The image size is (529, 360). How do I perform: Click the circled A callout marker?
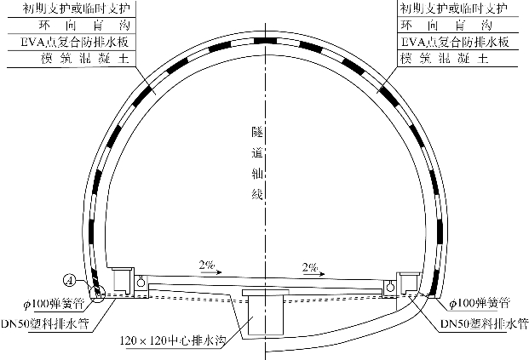pyautogui.click(x=70, y=281)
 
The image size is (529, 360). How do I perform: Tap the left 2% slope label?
pyautogui.click(x=207, y=265)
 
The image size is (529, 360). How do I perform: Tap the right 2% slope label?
pyautogui.click(x=310, y=267)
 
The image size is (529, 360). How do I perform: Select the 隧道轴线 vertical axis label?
pyautogui.click(x=257, y=163)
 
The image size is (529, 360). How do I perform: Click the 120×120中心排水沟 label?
pyautogui.click(x=172, y=340)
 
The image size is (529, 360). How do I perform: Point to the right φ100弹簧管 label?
pyautogui.click(x=479, y=303)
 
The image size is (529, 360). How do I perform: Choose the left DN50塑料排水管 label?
pyautogui.click(x=44, y=323)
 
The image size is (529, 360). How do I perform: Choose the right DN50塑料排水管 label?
pyautogui.click(x=484, y=324)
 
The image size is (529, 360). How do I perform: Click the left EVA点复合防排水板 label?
pyautogui.click(x=74, y=43)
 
